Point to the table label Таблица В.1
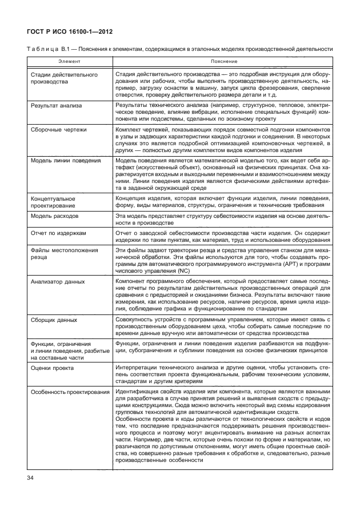(x=48, y=49)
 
